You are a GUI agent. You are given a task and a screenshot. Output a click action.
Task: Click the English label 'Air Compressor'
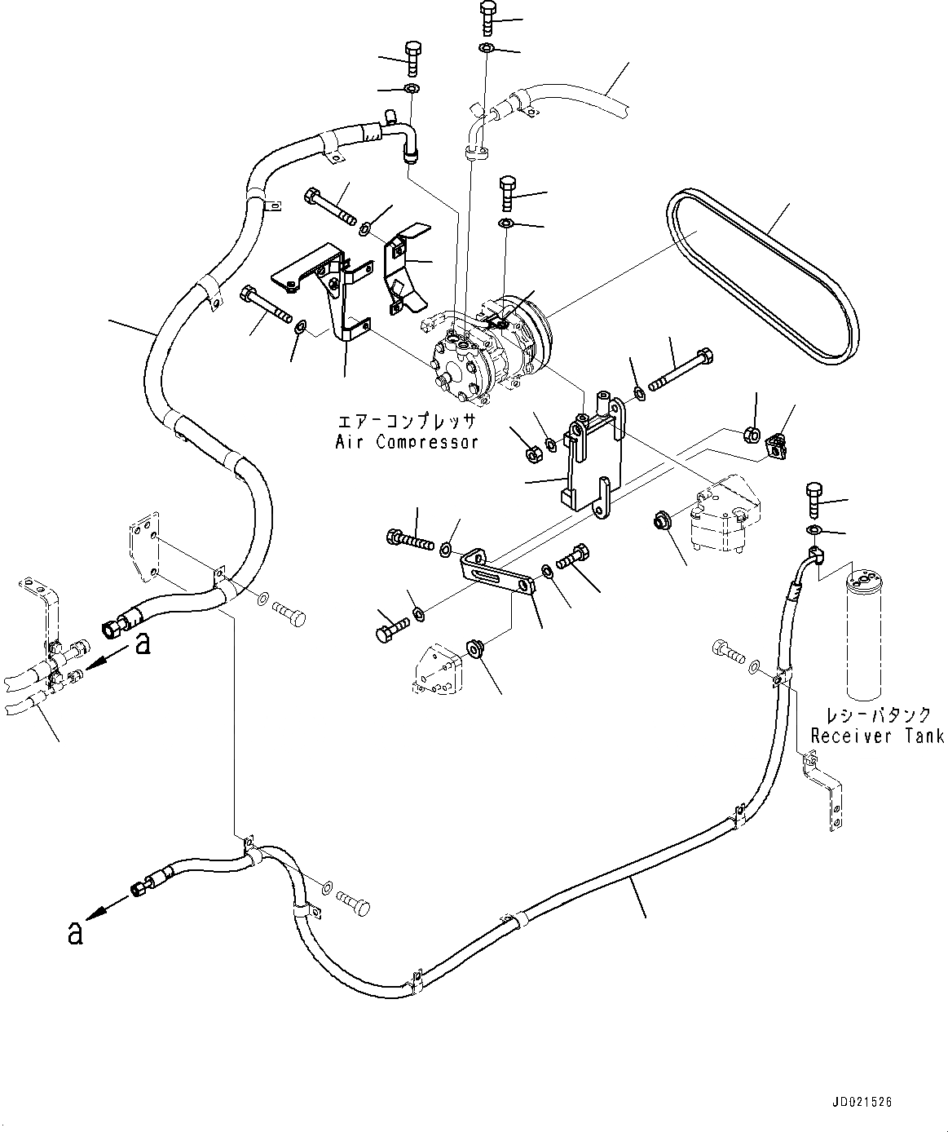[406, 442]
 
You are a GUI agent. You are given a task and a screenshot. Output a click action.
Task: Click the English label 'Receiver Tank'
[877, 736]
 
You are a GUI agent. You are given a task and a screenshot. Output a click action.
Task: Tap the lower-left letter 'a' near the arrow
[75, 933]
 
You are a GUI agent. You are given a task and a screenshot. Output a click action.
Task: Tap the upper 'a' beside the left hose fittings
[143, 644]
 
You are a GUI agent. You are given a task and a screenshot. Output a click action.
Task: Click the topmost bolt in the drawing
[488, 16]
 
